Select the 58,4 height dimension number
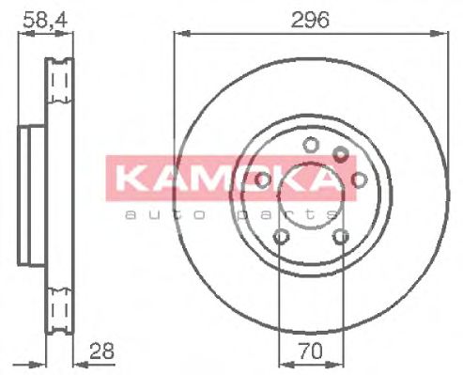39,18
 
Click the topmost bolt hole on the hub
308,144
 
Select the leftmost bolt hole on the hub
262,179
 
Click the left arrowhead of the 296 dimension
178,34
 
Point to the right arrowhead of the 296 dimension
439,34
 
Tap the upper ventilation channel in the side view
61,82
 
